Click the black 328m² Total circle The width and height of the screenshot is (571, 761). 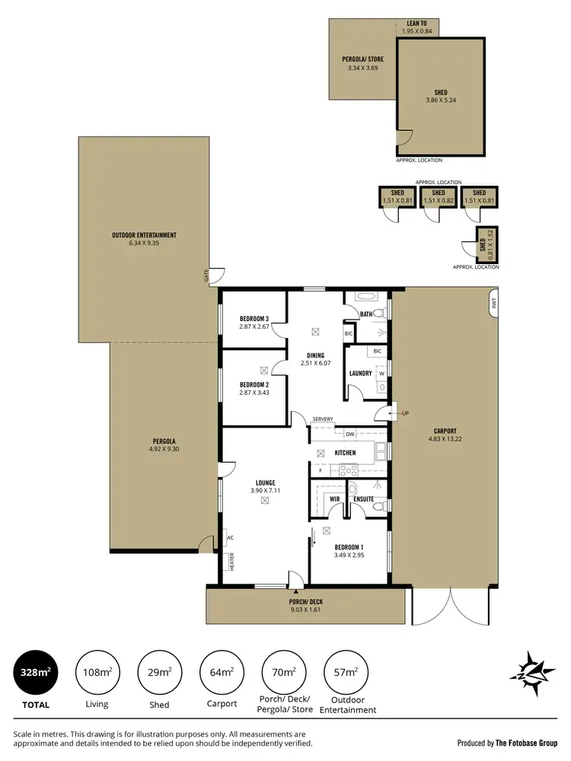[x=35, y=672]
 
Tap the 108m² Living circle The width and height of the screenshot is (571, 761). [x=97, y=672]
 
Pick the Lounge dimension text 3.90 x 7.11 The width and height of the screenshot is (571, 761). [x=265, y=491]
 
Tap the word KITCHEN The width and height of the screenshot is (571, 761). [x=345, y=453]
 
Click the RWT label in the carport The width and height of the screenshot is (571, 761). [x=494, y=302]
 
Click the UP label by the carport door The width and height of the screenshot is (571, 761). [x=405, y=413]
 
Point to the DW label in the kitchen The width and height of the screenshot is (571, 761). [x=350, y=434]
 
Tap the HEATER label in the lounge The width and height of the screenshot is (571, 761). [x=231, y=562]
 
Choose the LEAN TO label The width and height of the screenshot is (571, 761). [x=416, y=24]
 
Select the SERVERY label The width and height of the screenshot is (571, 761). [x=323, y=419]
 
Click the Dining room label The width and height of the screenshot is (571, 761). [x=315, y=355]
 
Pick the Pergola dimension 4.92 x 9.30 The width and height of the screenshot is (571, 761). [x=164, y=450]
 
